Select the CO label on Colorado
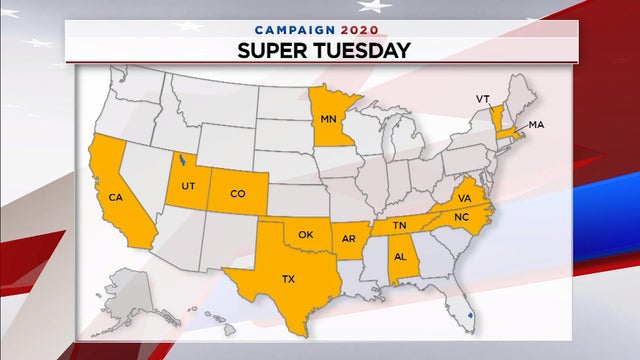(238, 193)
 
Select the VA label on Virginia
(466, 198)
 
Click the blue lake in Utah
(181, 158)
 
